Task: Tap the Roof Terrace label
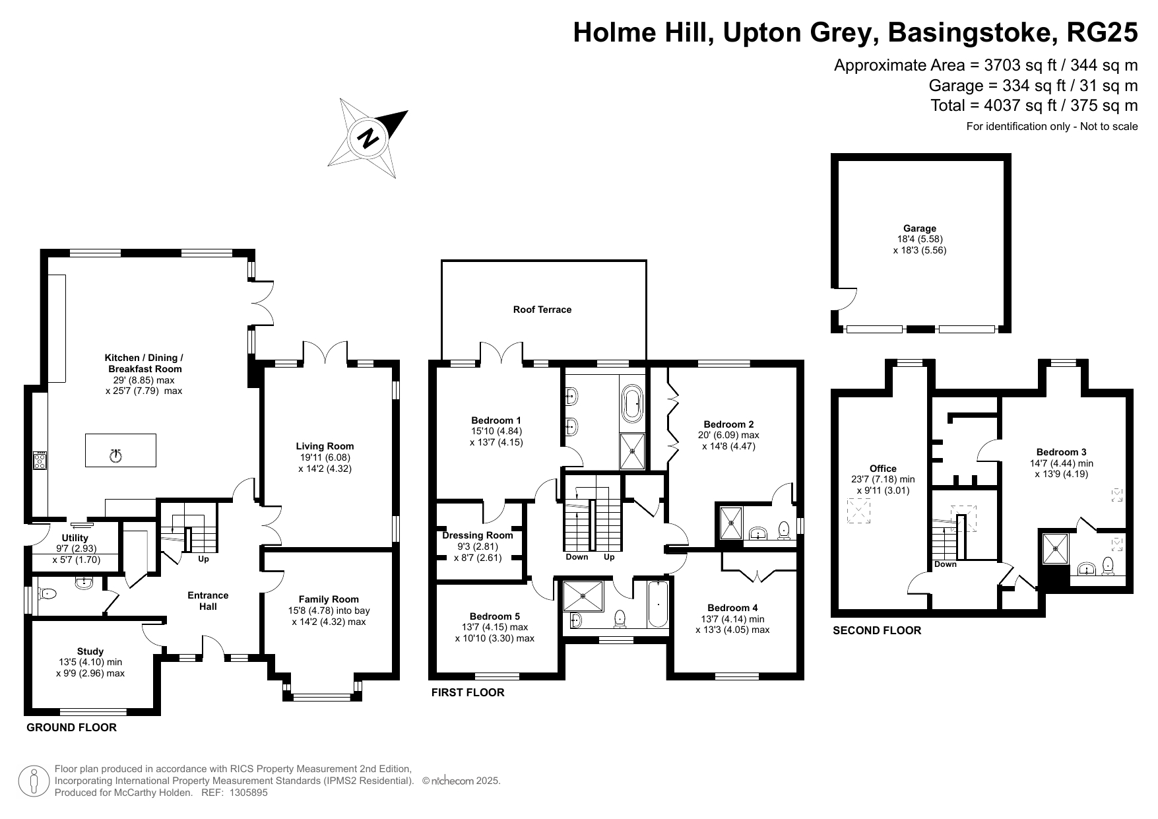(542, 310)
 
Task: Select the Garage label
(920, 228)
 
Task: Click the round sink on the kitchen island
(116, 455)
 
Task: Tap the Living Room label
(325, 446)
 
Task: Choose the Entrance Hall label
(209, 601)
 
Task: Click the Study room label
(90, 651)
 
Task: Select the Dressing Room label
(478, 535)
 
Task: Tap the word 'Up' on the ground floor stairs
(203, 559)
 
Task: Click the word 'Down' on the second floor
(946, 564)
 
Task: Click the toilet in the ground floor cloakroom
(48, 594)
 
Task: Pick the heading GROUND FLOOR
(71, 727)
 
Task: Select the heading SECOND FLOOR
(877, 630)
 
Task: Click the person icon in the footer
(34, 781)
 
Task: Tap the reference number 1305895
(248, 793)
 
